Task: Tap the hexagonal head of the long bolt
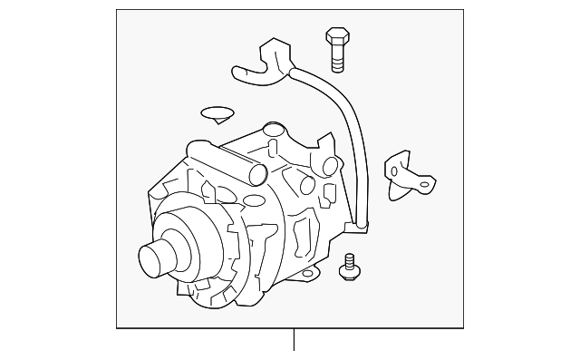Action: [x=335, y=37]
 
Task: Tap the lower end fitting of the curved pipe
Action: [x=361, y=220]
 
